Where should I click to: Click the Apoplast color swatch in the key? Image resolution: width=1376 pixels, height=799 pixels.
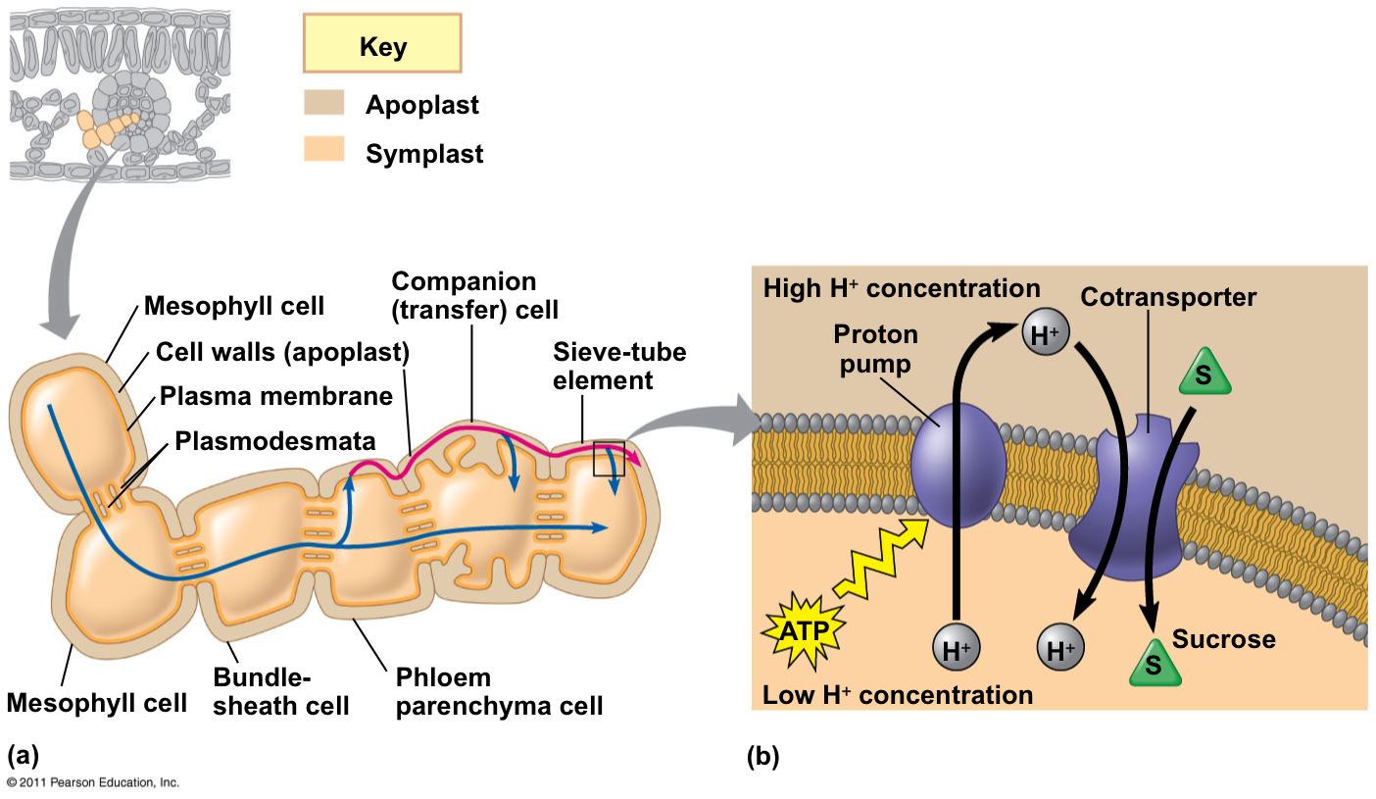pyautogui.click(x=323, y=103)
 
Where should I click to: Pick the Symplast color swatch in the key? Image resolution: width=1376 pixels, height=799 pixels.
pyautogui.click(x=323, y=151)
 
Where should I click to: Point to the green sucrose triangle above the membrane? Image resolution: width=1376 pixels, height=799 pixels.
pyautogui.click(x=1204, y=374)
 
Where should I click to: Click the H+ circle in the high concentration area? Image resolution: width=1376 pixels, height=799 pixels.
pyautogui.click(x=1043, y=334)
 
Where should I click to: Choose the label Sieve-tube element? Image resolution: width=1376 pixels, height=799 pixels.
pyautogui.click(x=619, y=366)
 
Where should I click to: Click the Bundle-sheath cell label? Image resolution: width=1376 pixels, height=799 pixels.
pyautogui.click(x=281, y=691)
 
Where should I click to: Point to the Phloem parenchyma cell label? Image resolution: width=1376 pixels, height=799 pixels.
pyautogui.click(x=499, y=691)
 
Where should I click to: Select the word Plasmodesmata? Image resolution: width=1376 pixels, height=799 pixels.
pyautogui.click(x=274, y=440)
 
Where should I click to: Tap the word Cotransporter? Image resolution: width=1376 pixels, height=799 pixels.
pyautogui.click(x=1168, y=297)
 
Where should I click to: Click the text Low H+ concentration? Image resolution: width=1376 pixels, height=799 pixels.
pyautogui.click(x=898, y=695)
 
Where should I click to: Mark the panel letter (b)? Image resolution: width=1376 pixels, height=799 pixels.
pyautogui.click(x=763, y=756)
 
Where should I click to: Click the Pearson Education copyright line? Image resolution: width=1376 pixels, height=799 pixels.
pyautogui.click(x=93, y=782)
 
